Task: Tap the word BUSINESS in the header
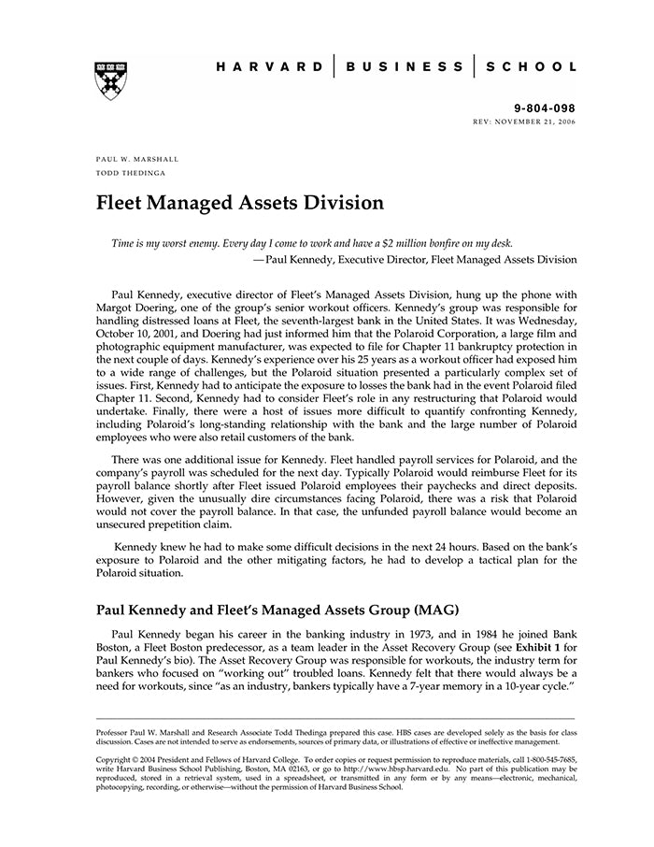pos(405,67)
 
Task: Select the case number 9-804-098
pos(545,109)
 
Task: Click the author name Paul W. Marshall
pos(137,160)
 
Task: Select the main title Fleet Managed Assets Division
pos(240,203)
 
